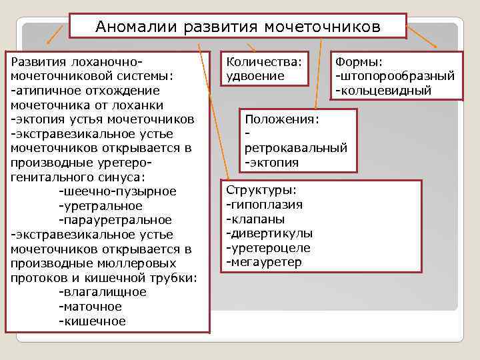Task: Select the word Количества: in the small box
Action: click(264, 61)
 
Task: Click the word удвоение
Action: click(255, 76)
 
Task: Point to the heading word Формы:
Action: click(359, 61)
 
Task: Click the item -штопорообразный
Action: click(395, 76)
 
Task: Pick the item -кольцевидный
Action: click(383, 91)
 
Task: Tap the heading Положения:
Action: click(282, 119)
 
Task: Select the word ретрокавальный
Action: click(296, 147)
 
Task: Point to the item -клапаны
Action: click(255, 219)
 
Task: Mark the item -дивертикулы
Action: click(269, 233)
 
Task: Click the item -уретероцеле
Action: click(268, 248)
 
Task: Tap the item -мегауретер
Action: click(264, 263)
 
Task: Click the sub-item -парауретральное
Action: click(115, 220)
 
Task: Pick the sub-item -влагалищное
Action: click(102, 293)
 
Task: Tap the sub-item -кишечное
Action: click(92, 321)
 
